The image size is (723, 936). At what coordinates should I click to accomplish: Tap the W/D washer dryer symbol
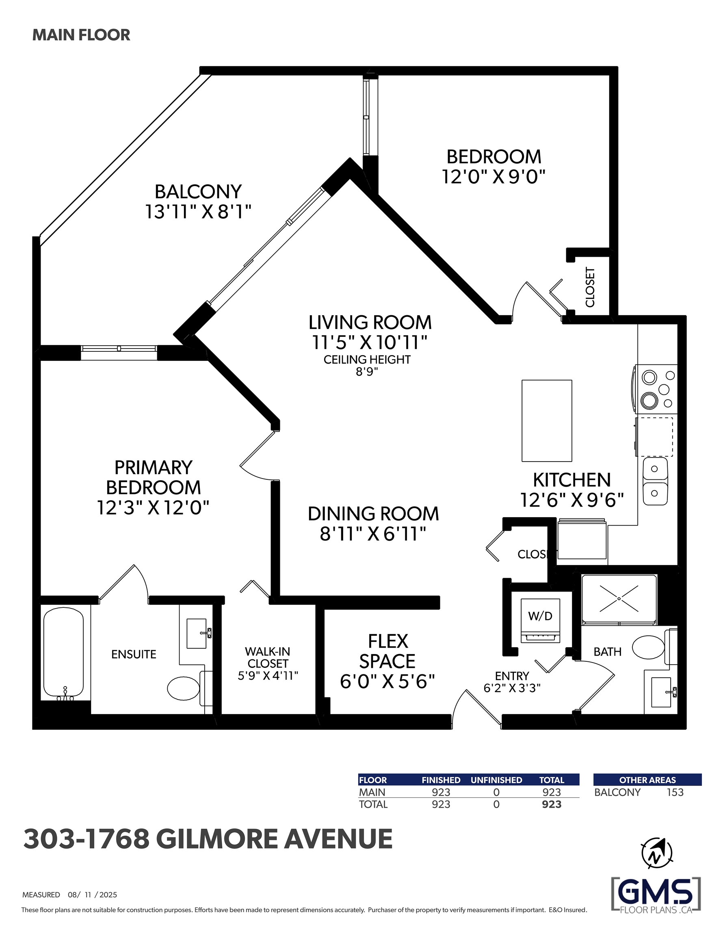click(x=540, y=620)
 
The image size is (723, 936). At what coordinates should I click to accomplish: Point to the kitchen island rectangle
click(x=546, y=420)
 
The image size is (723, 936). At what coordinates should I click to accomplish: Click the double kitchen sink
click(x=655, y=481)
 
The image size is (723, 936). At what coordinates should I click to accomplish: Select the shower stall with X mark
click(x=619, y=599)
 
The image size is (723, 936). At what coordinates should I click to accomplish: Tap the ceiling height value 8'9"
click(x=367, y=372)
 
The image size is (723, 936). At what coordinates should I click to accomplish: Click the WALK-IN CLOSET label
click(x=267, y=657)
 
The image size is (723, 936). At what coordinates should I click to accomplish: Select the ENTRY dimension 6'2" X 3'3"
click(x=512, y=688)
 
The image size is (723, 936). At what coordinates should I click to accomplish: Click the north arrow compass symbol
click(x=656, y=853)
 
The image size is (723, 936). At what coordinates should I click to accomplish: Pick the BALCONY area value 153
click(x=675, y=793)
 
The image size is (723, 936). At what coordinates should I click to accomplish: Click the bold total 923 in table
click(x=552, y=804)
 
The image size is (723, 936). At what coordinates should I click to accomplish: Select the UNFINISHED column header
click(x=496, y=780)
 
